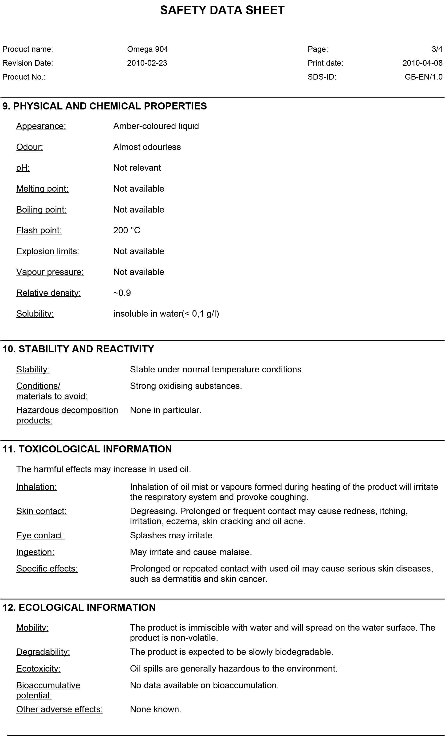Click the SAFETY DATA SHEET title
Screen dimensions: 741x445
[x=222, y=10]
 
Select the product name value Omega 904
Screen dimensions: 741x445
[x=147, y=49]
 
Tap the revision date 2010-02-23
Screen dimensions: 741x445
[x=147, y=63]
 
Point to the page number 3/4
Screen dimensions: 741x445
[x=437, y=49]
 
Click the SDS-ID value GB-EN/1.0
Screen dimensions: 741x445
[x=423, y=77]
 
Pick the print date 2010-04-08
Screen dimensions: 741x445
[x=422, y=63]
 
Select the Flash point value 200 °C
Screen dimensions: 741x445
[x=126, y=230]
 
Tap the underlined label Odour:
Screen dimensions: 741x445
[x=29, y=147]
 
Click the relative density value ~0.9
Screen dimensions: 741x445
[x=122, y=293]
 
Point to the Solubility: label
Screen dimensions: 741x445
[x=35, y=314]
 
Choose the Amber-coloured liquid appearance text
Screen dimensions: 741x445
[x=156, y=126]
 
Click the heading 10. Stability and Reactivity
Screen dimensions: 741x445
[x=78, y=349]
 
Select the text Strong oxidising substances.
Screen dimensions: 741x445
[x=186, y=386]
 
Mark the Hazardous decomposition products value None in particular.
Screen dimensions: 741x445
[x=165, y=410]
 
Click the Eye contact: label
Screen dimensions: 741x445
[x=40, y=535]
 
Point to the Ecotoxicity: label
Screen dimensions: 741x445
[x=38, y=669]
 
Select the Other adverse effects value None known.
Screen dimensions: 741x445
[x=156, y=709]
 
